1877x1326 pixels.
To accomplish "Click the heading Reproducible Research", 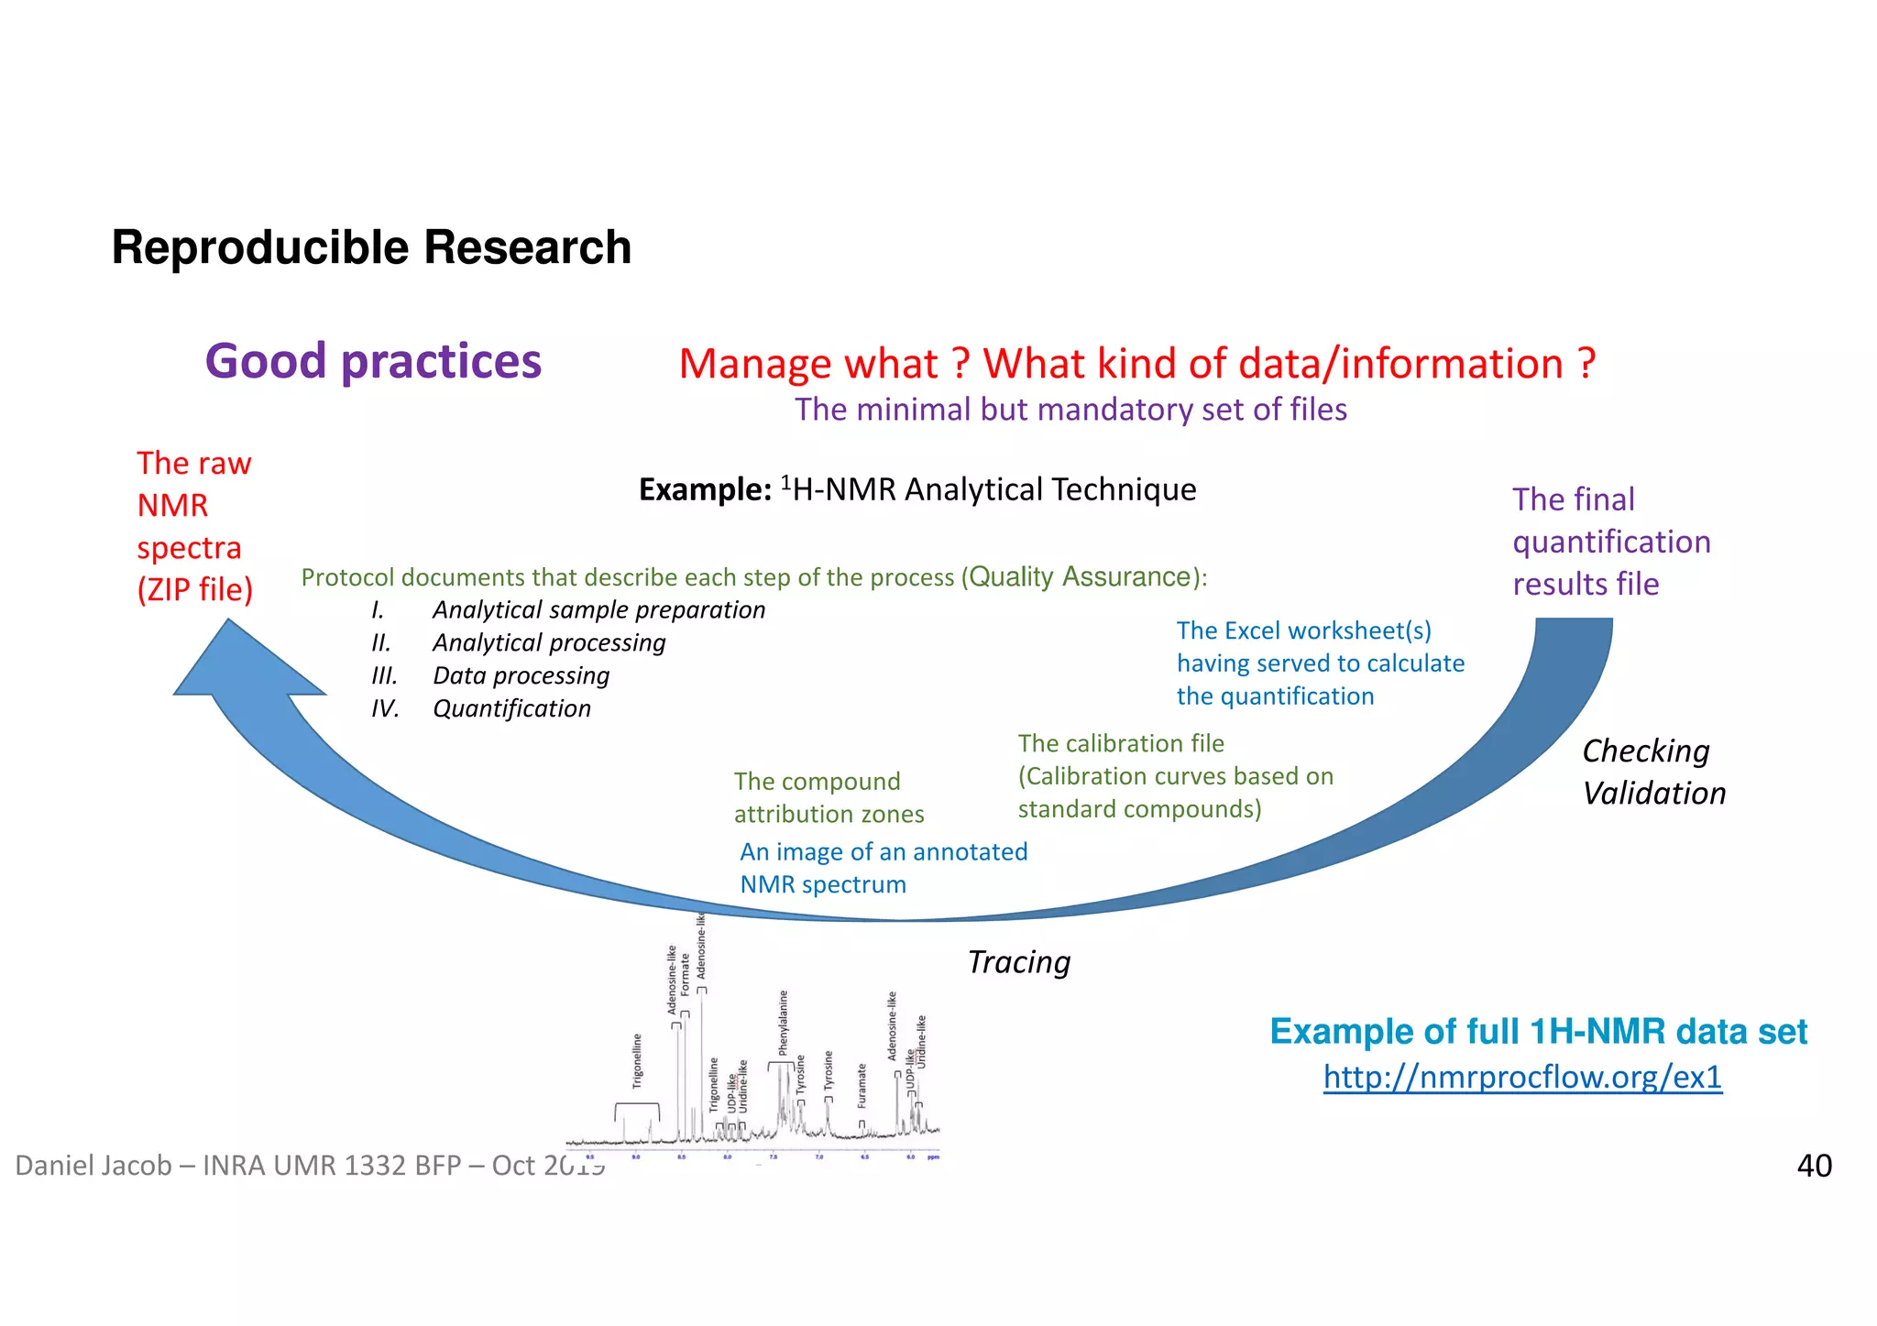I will click(371, 247).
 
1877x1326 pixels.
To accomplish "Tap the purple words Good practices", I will click(373, 361).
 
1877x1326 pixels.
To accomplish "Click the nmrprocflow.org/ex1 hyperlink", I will click(1521, 1076).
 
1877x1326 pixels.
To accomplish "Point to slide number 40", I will click(1813, 1166).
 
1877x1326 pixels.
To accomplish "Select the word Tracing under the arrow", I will click(1018, 962).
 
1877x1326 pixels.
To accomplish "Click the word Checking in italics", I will click(1645, 751).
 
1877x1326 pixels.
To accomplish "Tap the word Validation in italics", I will click(1653, 794).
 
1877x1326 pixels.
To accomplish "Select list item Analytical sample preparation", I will click(598, 610).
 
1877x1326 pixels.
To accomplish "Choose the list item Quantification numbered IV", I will click(511, 709).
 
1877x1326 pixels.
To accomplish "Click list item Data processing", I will click(521, 676).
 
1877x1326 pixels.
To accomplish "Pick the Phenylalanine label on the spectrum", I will click(784, 1023).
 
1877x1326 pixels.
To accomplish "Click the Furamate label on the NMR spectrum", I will click(862, 1086).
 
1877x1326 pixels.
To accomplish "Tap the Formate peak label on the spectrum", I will click(685, 975).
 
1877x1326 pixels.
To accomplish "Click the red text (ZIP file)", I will click(194, 589).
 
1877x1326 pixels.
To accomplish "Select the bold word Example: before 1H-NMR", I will click(705, 490).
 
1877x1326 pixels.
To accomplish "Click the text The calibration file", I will click(1120, 743).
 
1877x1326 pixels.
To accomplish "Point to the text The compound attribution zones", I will click(828, 798).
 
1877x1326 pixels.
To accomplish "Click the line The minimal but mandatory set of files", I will click(1070, 410).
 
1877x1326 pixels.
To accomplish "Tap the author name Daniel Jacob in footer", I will click(93, 1166).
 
